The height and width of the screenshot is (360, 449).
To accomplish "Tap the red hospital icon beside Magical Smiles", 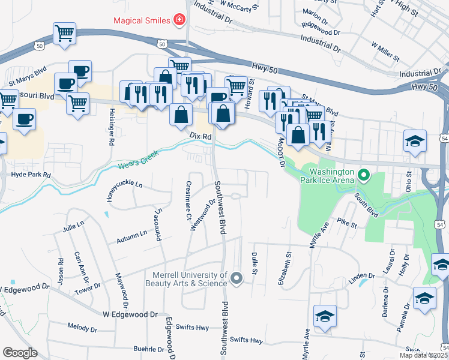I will pos(178,20).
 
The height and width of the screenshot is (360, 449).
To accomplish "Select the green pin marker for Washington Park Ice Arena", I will pos(363,176).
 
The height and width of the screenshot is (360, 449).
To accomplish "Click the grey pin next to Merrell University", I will pos(236,278).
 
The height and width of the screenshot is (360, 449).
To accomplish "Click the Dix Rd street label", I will pos(201,137).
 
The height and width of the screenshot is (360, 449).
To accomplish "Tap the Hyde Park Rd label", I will pos(31,175).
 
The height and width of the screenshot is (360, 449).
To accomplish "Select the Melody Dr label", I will pos(82,329).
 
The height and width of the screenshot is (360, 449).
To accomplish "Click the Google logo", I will pos(19,352).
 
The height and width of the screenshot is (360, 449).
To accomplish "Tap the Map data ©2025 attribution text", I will pos(423,355).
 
